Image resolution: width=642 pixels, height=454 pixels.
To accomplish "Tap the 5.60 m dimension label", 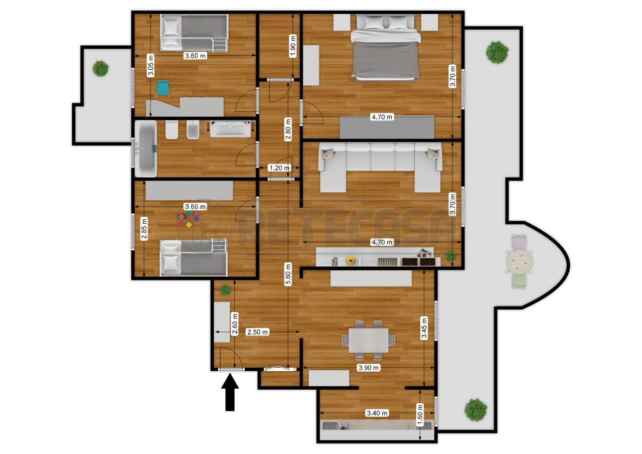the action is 288,274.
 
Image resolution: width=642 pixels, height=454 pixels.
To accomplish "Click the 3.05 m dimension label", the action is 150,65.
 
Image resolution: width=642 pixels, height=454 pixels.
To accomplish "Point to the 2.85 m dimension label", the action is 144,229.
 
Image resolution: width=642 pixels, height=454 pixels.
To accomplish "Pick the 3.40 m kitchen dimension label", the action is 377,413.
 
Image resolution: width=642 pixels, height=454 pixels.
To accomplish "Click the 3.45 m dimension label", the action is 424,328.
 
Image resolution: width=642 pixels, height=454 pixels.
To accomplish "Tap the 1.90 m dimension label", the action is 292,46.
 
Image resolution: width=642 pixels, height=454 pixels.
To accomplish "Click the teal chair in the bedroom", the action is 163,88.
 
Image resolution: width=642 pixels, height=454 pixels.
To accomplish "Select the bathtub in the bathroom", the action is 146,148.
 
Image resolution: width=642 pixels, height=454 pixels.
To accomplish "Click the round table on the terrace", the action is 519,261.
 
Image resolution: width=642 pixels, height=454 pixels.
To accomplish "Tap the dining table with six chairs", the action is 369,340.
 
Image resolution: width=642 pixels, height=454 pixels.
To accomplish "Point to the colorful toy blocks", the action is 188,219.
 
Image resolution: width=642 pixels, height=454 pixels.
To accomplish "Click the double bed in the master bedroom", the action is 386,47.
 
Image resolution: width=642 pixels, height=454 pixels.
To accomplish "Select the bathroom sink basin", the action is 231,129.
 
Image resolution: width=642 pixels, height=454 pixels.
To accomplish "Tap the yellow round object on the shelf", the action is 350,260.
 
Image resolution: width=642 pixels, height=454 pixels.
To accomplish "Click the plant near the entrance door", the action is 226,290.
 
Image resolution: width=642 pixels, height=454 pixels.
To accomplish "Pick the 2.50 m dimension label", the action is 258,332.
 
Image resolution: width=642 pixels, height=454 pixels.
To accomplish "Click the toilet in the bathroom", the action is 172,130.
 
